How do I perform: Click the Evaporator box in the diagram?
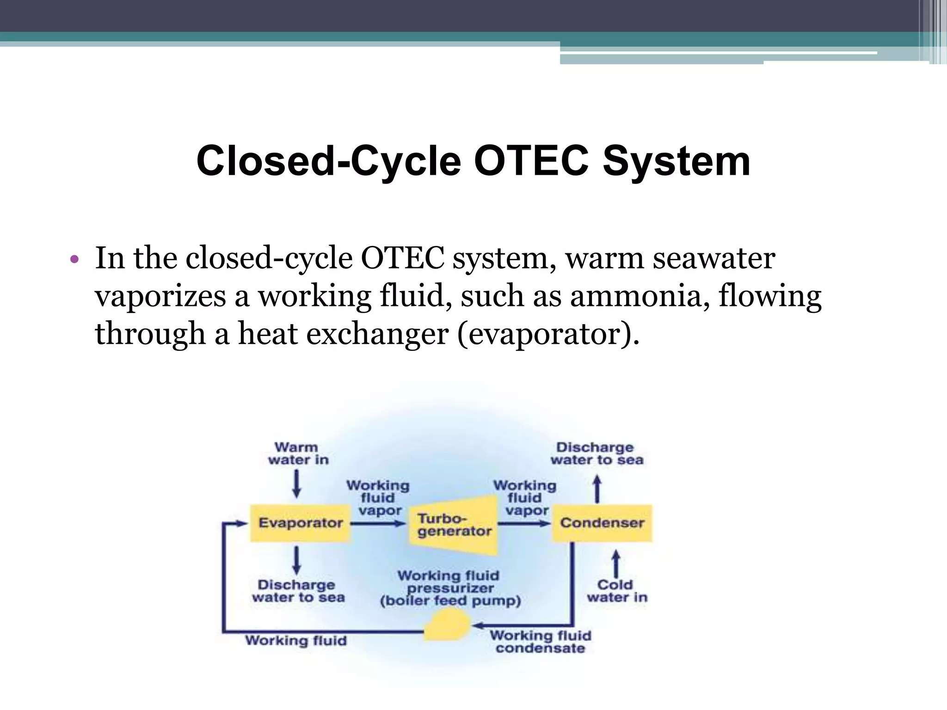tap(300, 523)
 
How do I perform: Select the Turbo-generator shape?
tap(454, 526)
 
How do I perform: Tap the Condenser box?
tap(602, 523)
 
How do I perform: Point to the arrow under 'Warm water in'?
tap(297, 485)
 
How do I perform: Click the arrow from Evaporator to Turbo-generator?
tap(378, 524)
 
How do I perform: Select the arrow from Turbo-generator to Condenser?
tap(524, 524)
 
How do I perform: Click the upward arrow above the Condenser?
tap(597, 490)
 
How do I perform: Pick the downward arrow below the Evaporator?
tap(297, 560)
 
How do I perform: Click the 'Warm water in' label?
tap(298, 453)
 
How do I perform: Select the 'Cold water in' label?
tap(617, 591)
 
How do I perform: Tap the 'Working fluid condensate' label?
tap(540, 642)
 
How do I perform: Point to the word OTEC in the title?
tap(531, 161)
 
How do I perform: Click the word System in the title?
tap(676, 161)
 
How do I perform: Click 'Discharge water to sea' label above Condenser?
tap(596, 453)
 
